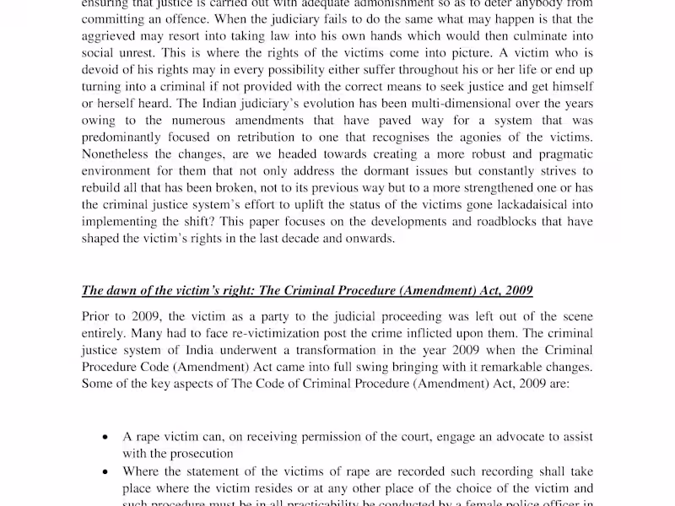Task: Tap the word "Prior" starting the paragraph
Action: [96, 317]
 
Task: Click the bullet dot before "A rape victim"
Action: [104, 438]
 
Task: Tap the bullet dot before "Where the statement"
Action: [104, 473]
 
